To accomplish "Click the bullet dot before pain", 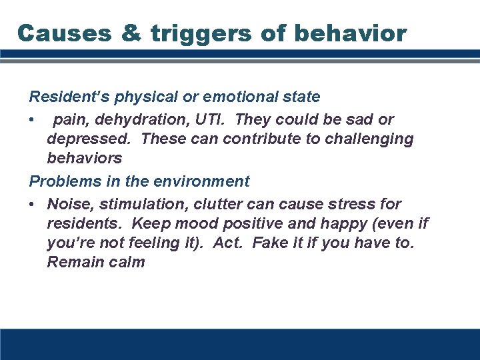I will pos(32,120).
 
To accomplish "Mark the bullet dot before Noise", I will pos(32,203).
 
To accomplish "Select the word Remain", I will pos(73,262).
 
